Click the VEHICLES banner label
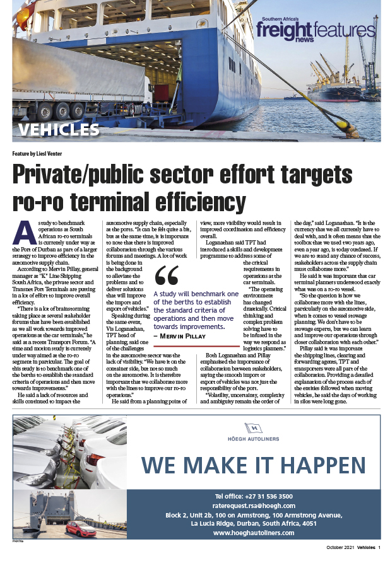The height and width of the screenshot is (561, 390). pyautogui.click(x=58, y=130)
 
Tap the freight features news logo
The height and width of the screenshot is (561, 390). pyautogui.click(x=315, y=30)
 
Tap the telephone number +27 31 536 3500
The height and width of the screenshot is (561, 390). pyautogui.click(x=254, y=496)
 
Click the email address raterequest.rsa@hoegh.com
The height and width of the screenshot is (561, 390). pyautogui.click(x=254, y=506)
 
